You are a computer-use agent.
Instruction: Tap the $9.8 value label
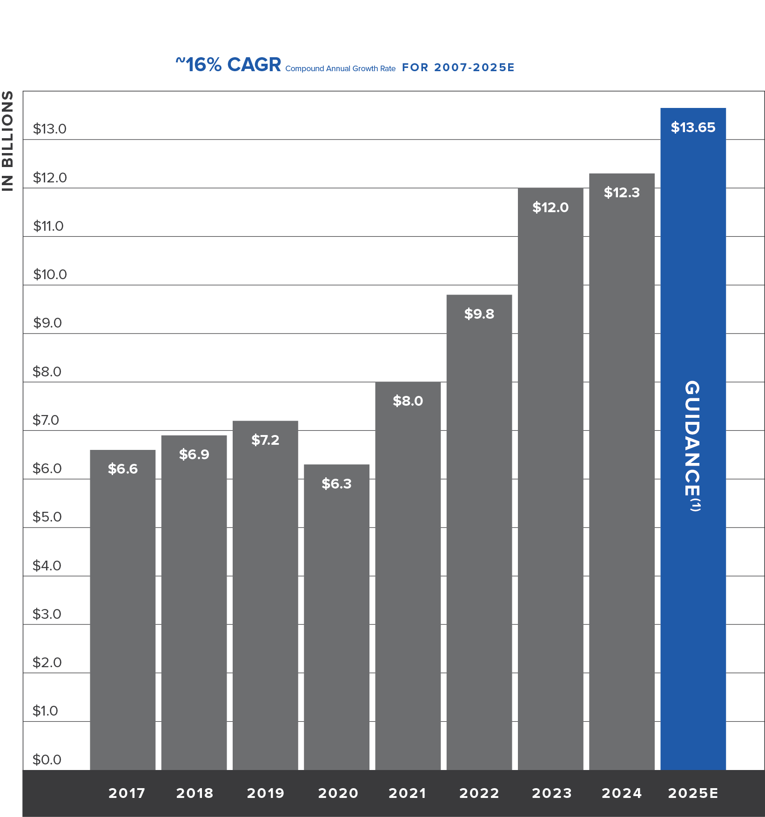tap(479, 314)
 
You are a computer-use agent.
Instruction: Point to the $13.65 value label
tap(693, 127)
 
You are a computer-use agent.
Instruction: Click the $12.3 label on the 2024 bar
tap(622, 193)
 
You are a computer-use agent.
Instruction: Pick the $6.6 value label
tap(122, 469)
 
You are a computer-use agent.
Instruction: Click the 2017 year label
tap(127, 793)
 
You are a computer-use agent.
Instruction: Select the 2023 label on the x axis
tap(552, 793)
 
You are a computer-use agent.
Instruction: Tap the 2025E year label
tap(693, 793)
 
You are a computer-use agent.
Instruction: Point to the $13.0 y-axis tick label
tap(49, 129)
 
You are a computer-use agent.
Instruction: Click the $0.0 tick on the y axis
tap(47, 760)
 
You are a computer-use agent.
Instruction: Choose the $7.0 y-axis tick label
tap(46, 420)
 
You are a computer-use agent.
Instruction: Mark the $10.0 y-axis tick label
tap(50, 275)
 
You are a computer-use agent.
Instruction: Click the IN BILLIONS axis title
tap(8, 141)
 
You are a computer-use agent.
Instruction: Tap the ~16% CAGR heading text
tap(228, 65)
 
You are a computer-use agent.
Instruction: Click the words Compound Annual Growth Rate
tap(340, 69)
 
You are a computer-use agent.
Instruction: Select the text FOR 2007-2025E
tap(458, 68)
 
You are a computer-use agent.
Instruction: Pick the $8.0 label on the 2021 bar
tap(408, 401)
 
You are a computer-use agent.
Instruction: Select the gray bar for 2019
tap(265, 605)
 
